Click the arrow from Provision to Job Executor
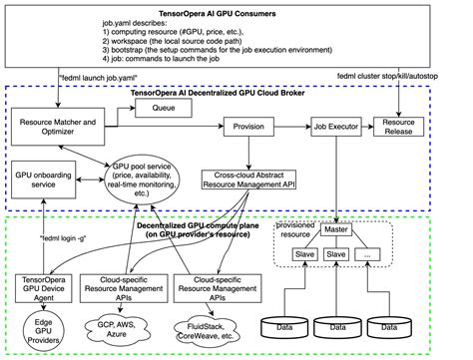pyautogui.click(x=289, y=128)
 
